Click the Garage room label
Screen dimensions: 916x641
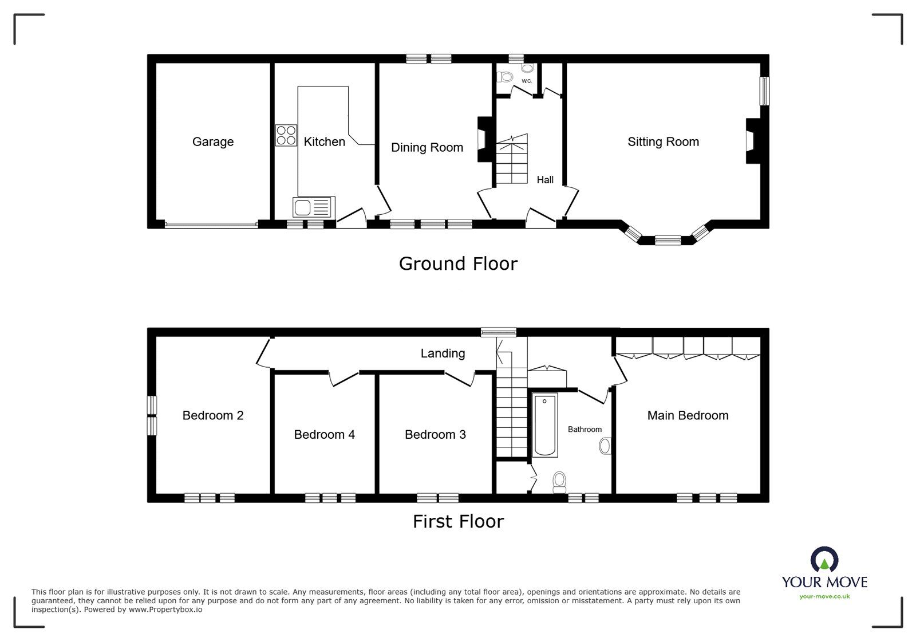(x=212, y=141)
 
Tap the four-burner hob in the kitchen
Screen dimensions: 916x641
(x=286, y=135)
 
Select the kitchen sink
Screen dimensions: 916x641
(x=314, y=207)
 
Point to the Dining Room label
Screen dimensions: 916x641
(x=427, y=147)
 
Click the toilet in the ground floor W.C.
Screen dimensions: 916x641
(x=505, y=77)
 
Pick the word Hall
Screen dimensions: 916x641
(x=545, y=179)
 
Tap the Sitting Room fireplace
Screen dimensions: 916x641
(x=753, y=141)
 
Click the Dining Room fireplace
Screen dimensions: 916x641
(x=484, y=140)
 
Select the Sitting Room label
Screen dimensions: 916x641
(x=664, y=141)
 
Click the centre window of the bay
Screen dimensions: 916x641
(x=668, y=240)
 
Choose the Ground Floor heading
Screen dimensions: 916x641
(x=458, y=264)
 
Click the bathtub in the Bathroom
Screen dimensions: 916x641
(x=544, y=425)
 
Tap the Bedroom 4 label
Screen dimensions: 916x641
(x=324, y=434)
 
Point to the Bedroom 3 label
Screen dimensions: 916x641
(x=435, y=434)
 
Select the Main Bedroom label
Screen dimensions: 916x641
(x=688, y=416)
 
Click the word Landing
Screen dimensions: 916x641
(x=443, y=353)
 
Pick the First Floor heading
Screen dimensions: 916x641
(x=458, y=521)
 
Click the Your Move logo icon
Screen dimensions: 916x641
(x=824, y=560)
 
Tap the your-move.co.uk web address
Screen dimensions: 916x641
(x=824, y=596)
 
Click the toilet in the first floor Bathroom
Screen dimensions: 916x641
(x=559, y=483)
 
